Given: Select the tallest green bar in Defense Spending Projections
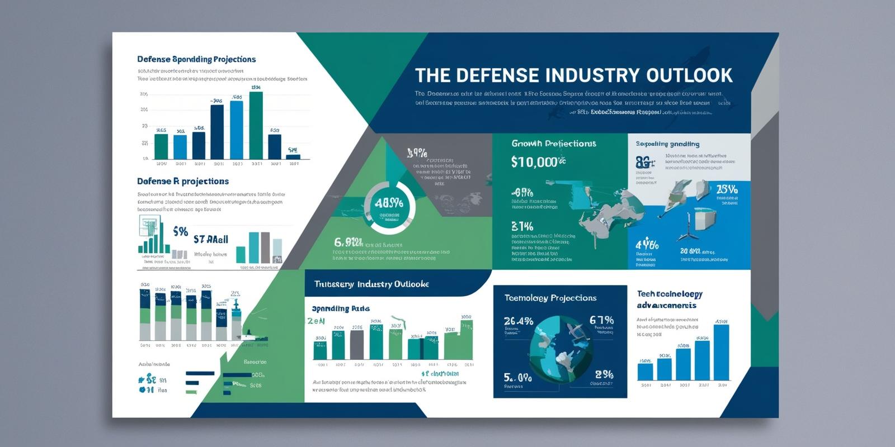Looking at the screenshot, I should [x=256, y=126].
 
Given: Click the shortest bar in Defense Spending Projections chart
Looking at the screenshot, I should [x=293, y=156].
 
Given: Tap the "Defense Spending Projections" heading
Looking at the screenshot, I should [x=196, y=59].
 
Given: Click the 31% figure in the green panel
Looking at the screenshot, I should [x=522, y=226].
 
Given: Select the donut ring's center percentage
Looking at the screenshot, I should [x=390, y=204].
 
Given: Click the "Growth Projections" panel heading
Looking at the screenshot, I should [x=554, y=144].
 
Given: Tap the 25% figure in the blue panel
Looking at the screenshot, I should [x=727, y=189].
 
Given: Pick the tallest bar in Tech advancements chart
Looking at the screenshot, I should [x=722, y=352].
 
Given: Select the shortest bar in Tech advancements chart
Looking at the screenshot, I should [x=645, y=371].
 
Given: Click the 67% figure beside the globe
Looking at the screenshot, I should [x=601, y=320].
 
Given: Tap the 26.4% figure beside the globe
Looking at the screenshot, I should [x=519, y=321].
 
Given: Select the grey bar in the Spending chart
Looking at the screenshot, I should [x=356, y=345].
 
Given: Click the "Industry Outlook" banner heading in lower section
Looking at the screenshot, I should [x=371, y=284].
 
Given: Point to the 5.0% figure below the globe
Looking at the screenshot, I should [x=517, y=377].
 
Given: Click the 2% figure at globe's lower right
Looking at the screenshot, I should [x=604, y=374].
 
